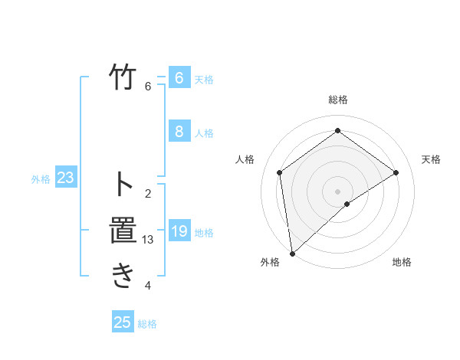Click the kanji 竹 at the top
123,78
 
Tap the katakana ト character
123,184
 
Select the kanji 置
123,231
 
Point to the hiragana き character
123,276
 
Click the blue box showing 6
179,78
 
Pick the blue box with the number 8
179,132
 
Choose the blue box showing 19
179,231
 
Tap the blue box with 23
65,178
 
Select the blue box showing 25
123,322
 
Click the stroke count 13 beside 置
148,240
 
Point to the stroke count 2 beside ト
148,193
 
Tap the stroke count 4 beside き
148,286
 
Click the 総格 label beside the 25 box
147,324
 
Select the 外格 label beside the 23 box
41,179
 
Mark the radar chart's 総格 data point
337,131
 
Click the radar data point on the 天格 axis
396,172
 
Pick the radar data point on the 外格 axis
292,253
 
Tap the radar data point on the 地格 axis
347,204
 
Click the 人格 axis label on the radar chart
245,159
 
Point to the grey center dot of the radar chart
337,191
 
